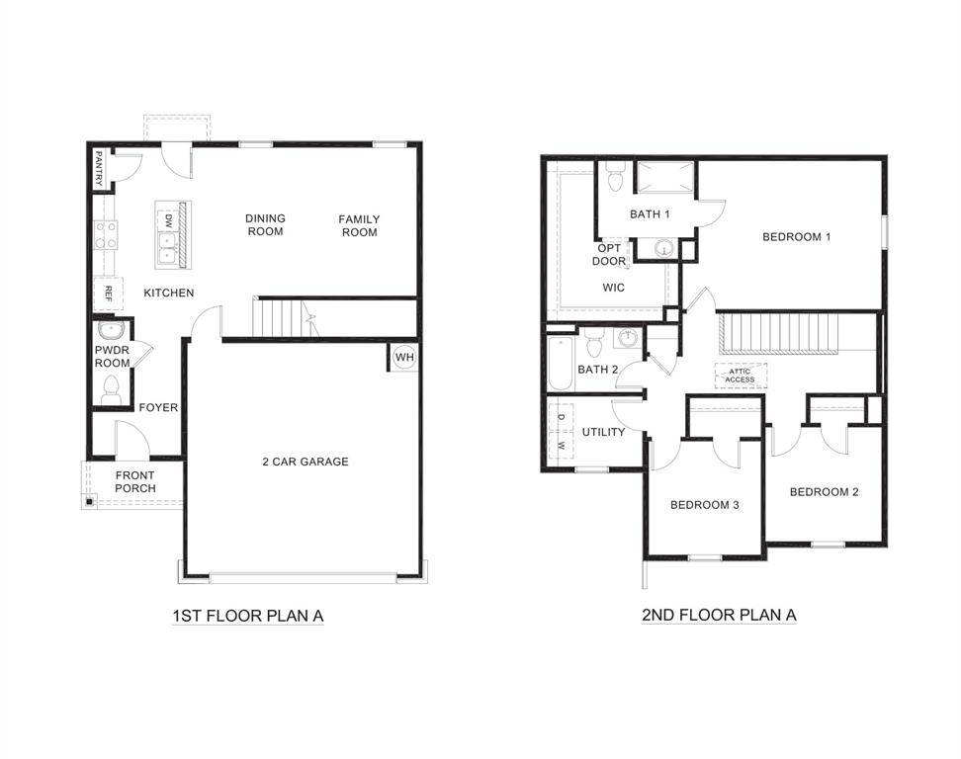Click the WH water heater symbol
[404, 357]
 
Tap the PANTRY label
[99, 168]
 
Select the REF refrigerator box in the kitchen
[107, 294]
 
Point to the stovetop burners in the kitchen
[106, 235]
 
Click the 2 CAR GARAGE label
[305, 462]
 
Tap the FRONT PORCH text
[134, 481]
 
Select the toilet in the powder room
[111, 388]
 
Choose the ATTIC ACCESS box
[740, 376]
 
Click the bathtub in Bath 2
[559, 364]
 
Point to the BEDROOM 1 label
[796, 237]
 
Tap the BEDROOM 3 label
[705, 505]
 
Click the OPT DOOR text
[609, 255]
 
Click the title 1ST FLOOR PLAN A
[248, 616]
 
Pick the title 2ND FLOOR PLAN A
[719, 615]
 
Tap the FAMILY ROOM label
[359, 225]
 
